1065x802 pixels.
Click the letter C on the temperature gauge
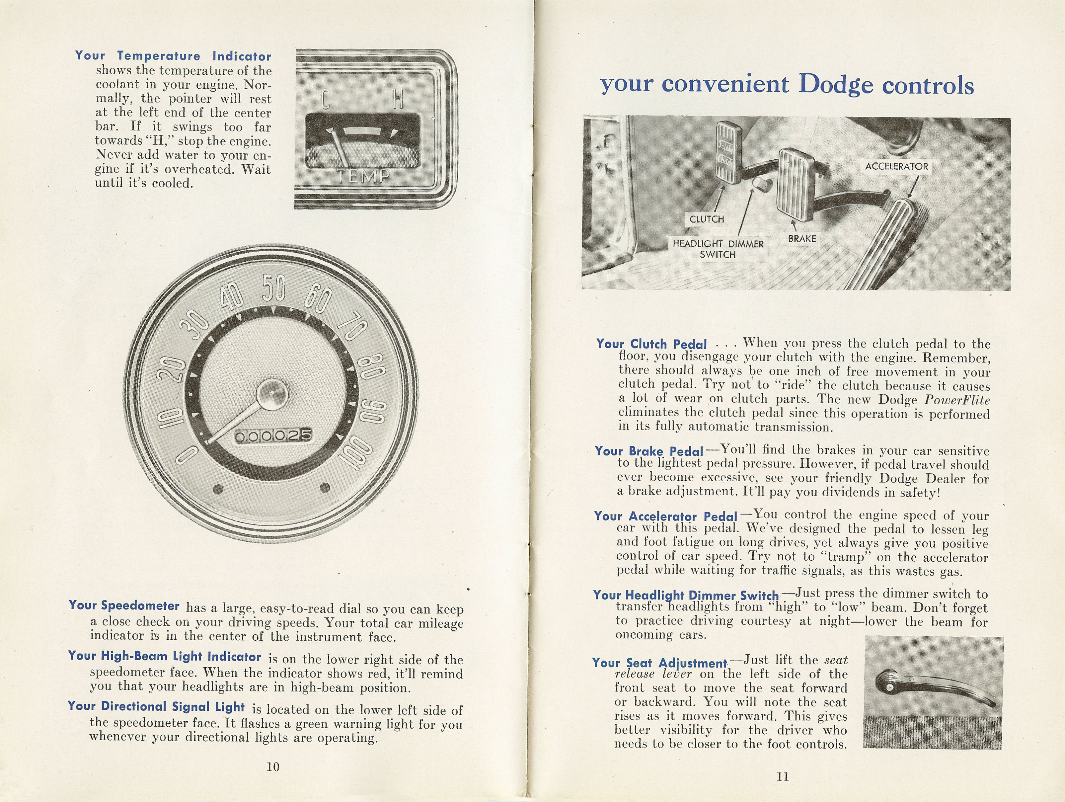coord(326,100)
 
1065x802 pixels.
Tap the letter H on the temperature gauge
coord(398,100)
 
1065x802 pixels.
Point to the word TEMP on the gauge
coord(362,176)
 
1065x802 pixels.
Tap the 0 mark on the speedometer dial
coord(186,455)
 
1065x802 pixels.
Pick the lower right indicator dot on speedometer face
coord(325,487)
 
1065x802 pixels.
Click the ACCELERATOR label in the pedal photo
coord(896,166)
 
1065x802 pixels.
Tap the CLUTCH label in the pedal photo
coord(706,219)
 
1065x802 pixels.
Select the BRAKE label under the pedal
coord(801,238)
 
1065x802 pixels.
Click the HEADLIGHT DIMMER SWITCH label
coord(718,249)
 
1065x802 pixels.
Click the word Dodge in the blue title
coord(836,85)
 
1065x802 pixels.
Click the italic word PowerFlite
coord(957,400)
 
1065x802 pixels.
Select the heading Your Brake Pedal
coord(648,451)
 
